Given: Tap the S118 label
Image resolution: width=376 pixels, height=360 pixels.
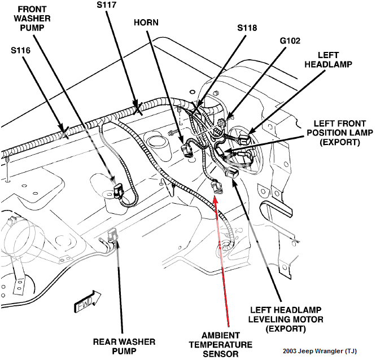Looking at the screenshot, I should tap(247, 27).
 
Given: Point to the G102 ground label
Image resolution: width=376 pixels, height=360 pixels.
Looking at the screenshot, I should tap(290, 41).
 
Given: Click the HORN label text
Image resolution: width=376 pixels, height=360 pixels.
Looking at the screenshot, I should tap(146, 23).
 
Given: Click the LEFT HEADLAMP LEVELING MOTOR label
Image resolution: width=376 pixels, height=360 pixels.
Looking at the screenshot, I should tap(287, 319).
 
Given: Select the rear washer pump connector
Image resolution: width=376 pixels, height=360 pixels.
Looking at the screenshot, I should tap(113, 233).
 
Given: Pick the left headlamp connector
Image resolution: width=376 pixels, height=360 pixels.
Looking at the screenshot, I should tap(243, 137).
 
